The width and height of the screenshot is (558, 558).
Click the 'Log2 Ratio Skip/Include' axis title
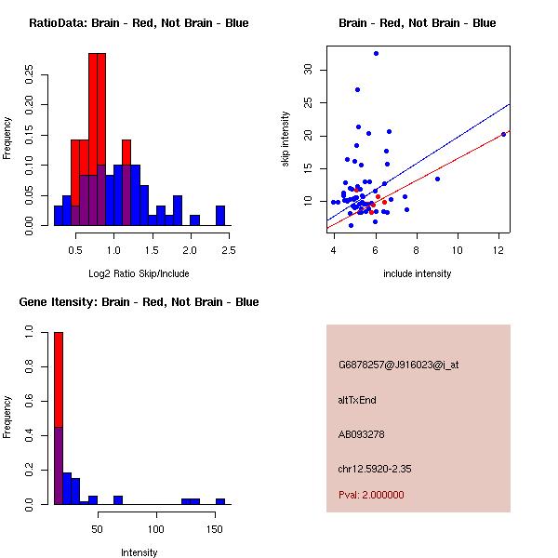(139, 273)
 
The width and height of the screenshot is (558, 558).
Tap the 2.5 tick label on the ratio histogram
(228, 251)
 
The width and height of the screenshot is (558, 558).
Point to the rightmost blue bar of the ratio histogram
(220, 216)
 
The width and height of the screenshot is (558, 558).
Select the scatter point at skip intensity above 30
(376, 54)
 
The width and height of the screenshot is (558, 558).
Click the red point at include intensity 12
(503, 134)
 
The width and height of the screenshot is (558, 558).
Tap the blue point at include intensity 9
(437, 179)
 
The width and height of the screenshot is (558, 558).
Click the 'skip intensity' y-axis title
(286, 139)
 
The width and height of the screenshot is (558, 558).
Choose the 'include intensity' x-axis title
(417, 273)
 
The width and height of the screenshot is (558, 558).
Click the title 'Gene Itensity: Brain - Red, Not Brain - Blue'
(139, 302)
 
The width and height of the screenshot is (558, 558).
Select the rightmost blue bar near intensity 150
(220, 501)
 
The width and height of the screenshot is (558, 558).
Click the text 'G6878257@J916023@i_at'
(398, 365)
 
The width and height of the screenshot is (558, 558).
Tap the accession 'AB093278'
(362, 434)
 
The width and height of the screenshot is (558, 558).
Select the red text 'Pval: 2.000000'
(371, 495)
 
